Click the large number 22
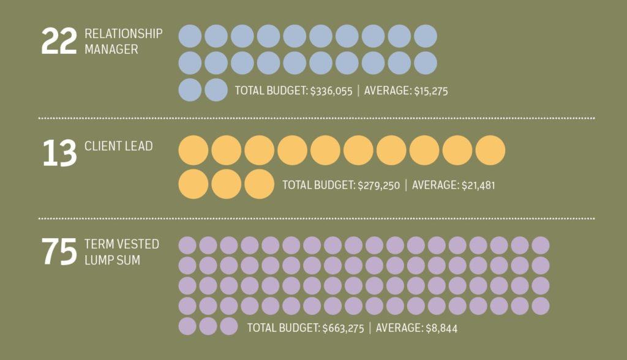[59, 42]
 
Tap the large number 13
[59, 152]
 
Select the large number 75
[59, 252]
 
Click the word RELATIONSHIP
[124, 34]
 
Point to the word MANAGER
[111, 50]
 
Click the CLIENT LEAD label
[119, 146]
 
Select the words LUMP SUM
[112, 260]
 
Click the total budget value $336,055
[331, 91]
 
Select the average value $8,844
[440, 328]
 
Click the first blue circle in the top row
[190, 36]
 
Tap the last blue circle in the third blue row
[216, 89]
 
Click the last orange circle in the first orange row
[490, 151]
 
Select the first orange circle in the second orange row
[193, 184]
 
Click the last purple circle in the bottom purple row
[228, 326]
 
